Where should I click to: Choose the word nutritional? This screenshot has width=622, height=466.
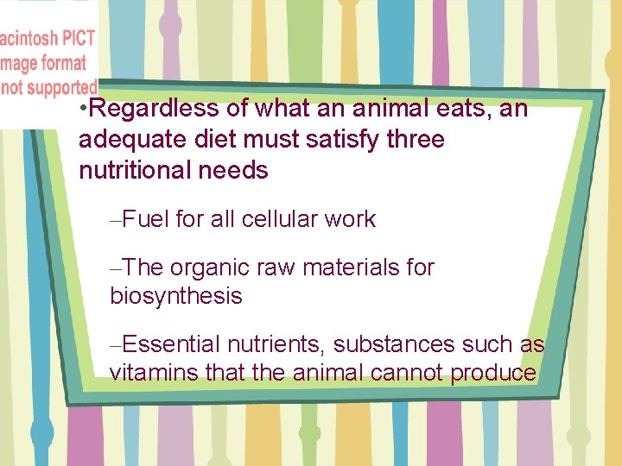click(x=135, y=170)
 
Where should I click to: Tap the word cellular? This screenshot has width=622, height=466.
click(x=279, y=219)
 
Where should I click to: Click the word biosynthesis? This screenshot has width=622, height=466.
click(x=176, y=296)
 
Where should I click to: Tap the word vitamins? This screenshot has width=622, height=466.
click(x=148, y=373)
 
